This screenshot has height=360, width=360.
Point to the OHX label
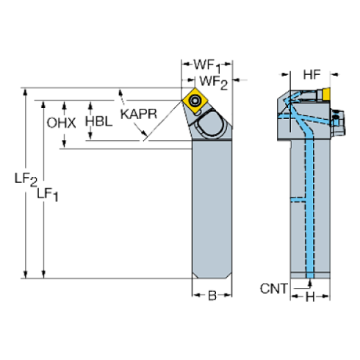[61, 123]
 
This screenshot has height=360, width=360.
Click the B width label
[211, 296]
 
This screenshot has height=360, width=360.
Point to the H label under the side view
[309, 297]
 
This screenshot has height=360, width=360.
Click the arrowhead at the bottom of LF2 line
[27, 275]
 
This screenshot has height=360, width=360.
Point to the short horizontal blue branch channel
[298, 199]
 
